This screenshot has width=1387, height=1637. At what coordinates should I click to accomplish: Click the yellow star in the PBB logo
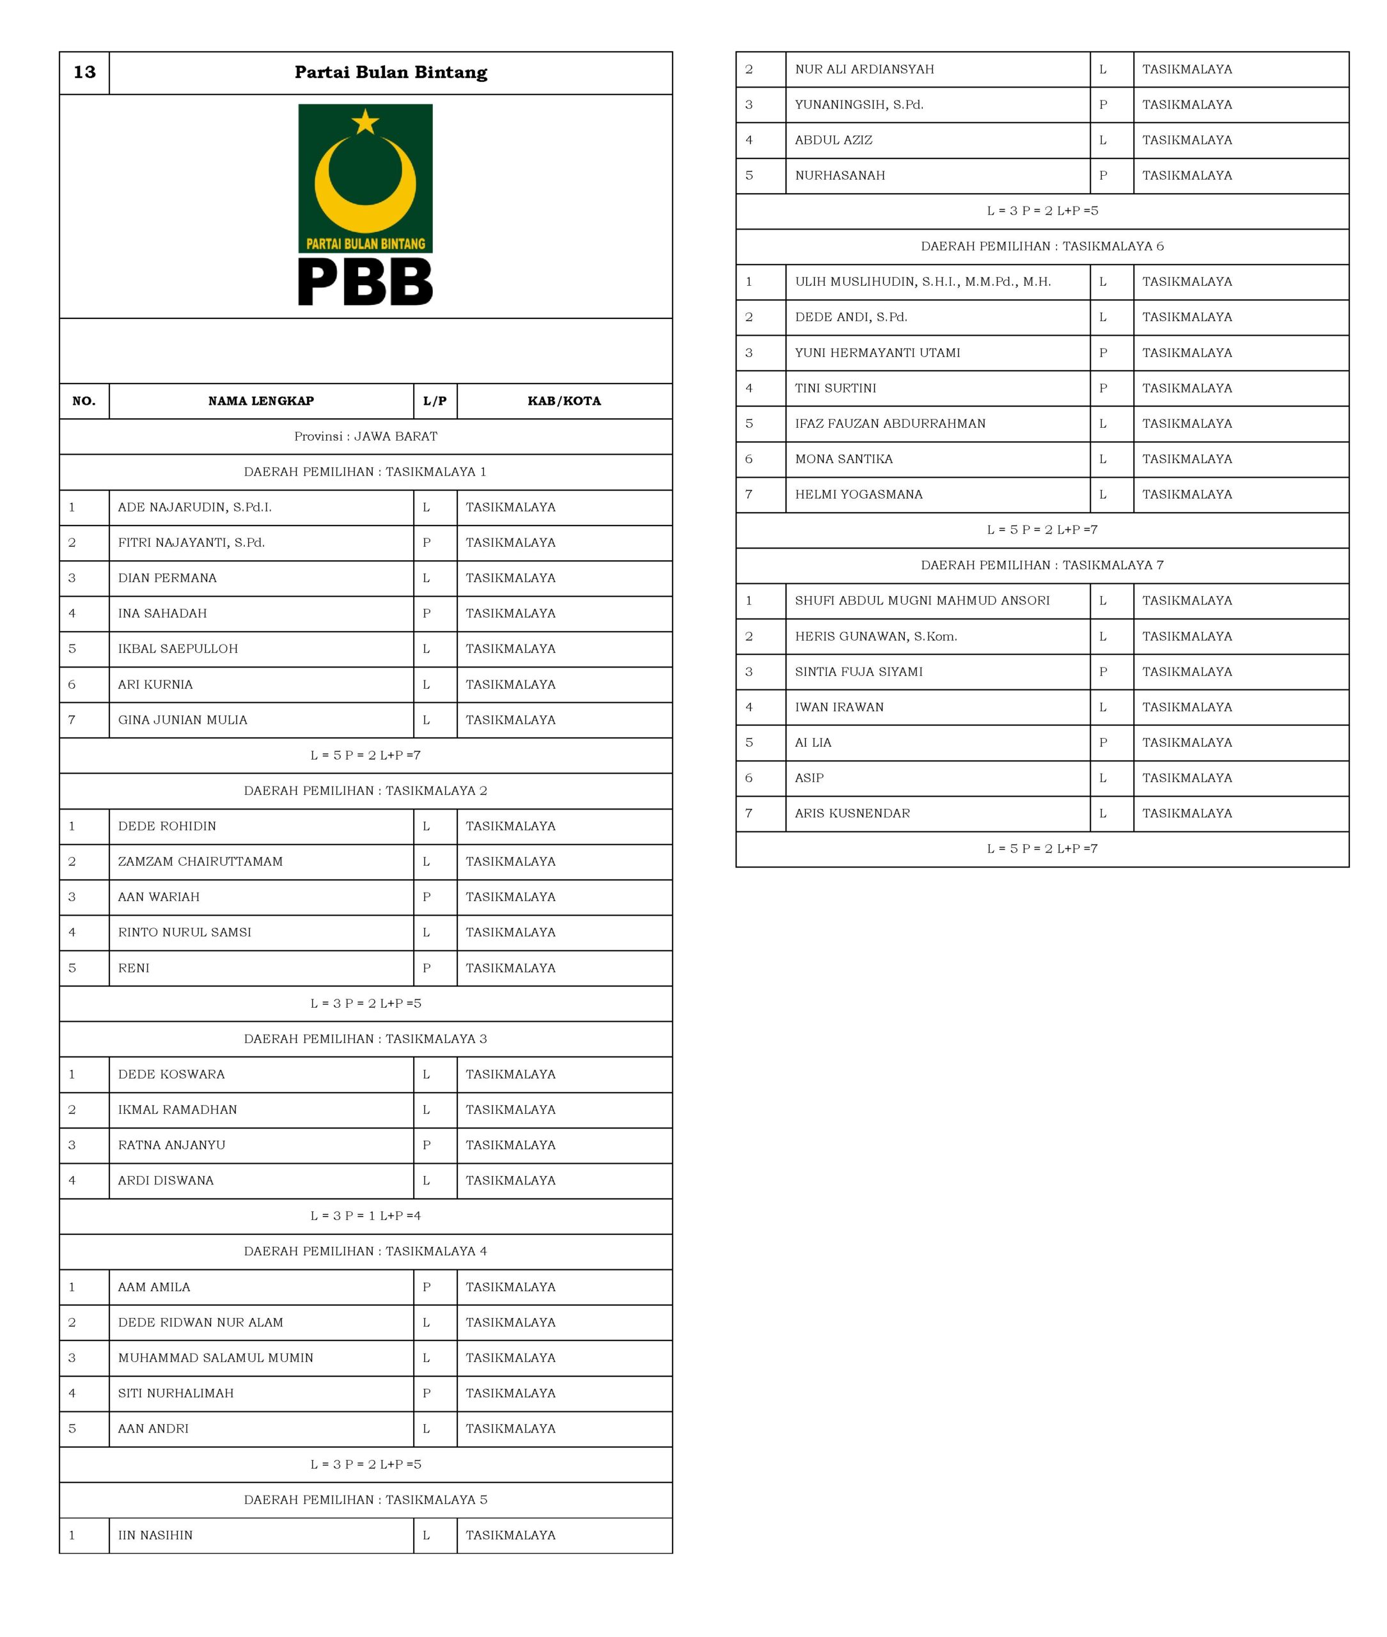click(366, 122)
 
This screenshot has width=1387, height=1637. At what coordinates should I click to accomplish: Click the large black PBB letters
click(366, 283)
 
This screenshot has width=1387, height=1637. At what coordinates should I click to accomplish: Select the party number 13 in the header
click(84, 72)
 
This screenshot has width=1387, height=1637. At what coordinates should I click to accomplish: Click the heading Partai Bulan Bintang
click(391, 72)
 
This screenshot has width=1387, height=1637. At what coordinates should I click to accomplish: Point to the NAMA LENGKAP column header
click(261, 401)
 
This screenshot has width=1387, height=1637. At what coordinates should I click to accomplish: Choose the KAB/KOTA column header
click(564, 401)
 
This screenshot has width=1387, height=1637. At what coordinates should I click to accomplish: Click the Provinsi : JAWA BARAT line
click(366, 436)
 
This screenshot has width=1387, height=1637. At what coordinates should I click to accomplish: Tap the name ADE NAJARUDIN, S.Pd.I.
click(195, 507)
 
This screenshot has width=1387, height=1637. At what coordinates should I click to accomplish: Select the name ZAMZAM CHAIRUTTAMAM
click(201, 862)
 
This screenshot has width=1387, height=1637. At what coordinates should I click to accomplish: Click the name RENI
click(134, 968)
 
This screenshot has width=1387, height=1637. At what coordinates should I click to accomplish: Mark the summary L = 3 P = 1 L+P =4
click(366, 1216)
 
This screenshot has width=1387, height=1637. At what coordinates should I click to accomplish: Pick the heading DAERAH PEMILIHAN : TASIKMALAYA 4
click(366, 1251)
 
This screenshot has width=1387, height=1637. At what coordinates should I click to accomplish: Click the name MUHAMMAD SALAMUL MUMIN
click(215, 1358)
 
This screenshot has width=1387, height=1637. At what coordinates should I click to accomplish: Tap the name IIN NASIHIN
click(155, 1535)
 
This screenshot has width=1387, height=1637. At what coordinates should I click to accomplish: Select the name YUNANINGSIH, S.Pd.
click(859, 105)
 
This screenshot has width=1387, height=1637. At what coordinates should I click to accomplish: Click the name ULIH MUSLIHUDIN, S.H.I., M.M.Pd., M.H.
click(922, 281)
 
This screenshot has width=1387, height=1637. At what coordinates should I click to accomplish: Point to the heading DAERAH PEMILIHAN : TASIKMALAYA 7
click(1042, 565)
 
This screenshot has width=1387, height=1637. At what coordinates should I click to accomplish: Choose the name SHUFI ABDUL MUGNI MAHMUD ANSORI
click(921, 600)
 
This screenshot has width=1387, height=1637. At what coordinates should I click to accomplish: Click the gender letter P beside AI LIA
click(1103, 742)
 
